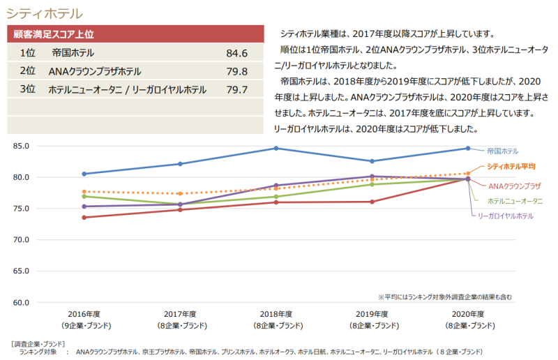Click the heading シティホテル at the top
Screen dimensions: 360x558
click(44, 13)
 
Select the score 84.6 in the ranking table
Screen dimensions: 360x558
click(237, 53)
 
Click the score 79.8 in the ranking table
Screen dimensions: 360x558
click(237, 71)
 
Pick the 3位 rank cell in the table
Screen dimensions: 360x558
click(28, 89)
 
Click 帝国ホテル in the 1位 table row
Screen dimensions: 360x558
click(73, 53)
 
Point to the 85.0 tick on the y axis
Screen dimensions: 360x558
click(21, 146)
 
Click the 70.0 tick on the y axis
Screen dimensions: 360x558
click(21, 240)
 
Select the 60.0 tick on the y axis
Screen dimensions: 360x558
click(21, 303)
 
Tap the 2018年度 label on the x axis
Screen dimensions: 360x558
click(276, 314)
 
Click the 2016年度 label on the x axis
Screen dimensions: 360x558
click(84, 314)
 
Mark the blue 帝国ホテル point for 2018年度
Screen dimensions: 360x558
click(276, 148)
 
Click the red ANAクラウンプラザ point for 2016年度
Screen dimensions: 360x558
click(84, 218)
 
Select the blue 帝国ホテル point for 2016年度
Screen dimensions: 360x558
click(84, 174)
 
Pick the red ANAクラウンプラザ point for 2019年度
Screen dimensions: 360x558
click(372, 202)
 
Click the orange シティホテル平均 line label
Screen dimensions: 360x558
click(511, 167)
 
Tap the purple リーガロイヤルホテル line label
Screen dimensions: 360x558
click(506, 216)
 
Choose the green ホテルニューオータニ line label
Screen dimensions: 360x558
click(515, 200)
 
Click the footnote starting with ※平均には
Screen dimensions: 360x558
click(446, 297)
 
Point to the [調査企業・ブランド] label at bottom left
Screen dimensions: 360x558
click(38, 344)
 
